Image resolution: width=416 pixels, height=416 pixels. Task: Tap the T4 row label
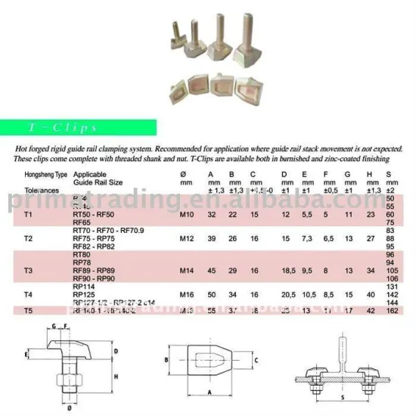(29, 291)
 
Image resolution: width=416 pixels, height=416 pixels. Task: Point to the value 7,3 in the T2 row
(307, 237)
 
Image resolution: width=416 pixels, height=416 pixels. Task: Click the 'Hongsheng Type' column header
(42, 174)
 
